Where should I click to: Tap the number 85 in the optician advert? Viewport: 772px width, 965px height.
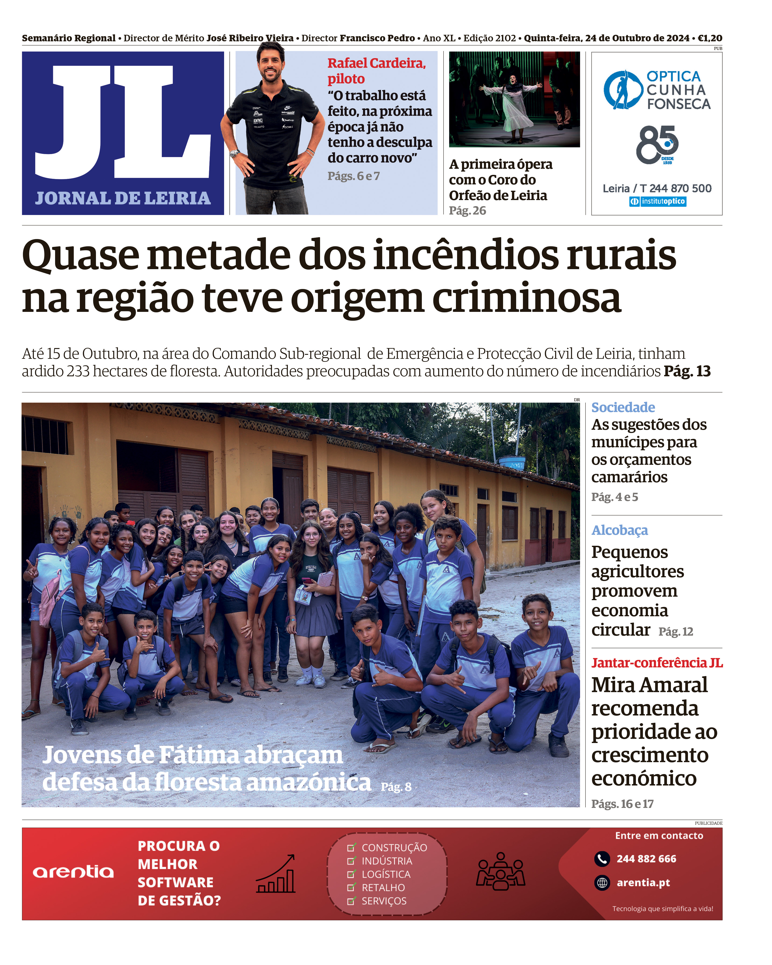pos(656,144)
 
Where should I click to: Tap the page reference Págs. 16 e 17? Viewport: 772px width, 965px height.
pos(622,804)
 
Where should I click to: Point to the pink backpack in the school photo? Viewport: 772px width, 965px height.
pos(49,600)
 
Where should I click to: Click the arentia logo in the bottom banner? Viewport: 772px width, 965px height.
pos(73,872)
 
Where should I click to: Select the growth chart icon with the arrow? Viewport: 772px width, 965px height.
pos(275,874)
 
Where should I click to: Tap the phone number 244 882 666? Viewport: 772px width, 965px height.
pos(646,859)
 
